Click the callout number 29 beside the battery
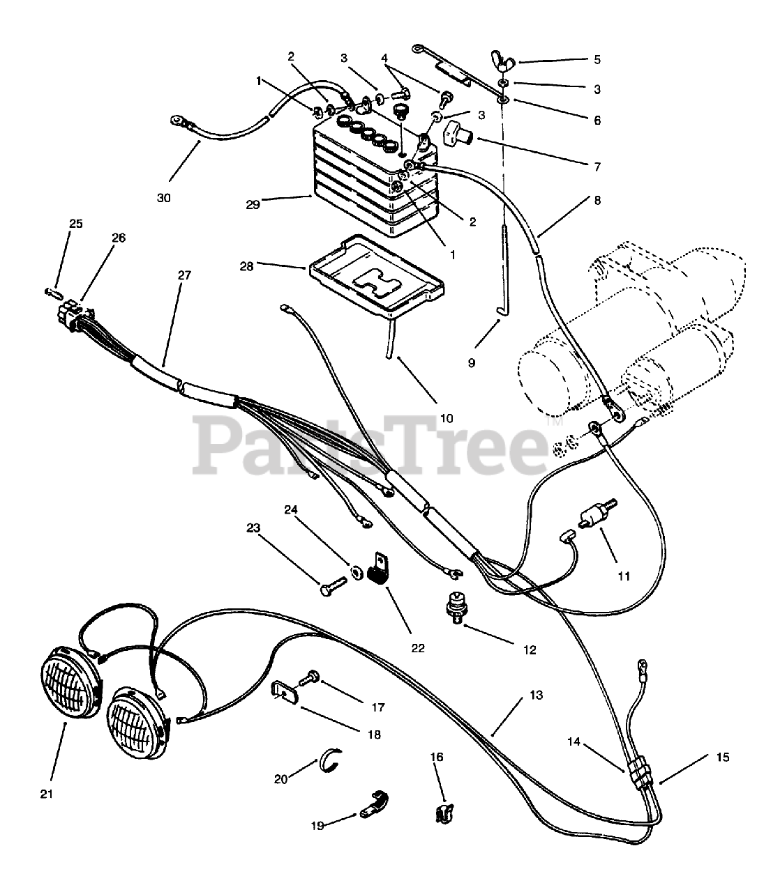(253, 205)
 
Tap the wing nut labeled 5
(504, 61)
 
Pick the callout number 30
(163, 198)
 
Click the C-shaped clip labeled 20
(331, 759)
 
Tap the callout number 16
(437, 757)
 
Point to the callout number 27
(184, 275)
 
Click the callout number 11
(624, 576)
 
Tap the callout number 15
(722, 757)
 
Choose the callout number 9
(472, 363)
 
